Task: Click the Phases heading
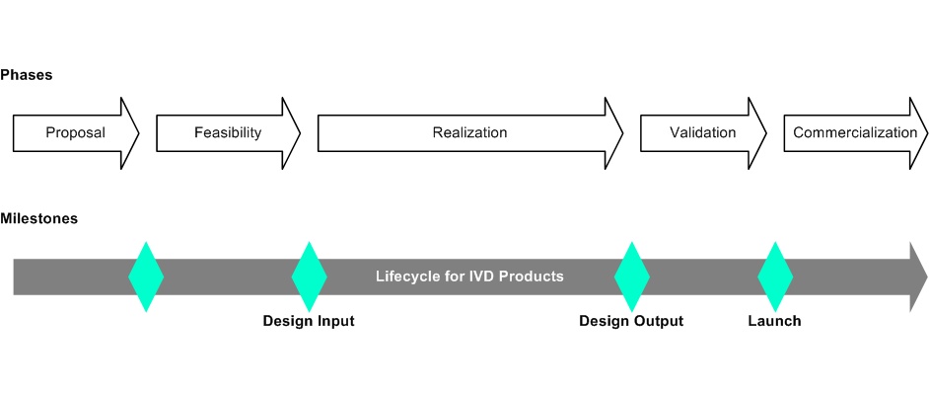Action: coord(26,75)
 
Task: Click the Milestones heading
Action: coord(38,218)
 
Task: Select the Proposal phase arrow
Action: coord(75,132)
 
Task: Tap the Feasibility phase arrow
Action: coord(228,132)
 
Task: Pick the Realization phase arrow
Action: coord(469,132)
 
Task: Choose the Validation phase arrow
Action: coord(702,132)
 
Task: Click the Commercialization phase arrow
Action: coord(854,132)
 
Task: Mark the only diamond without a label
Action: coord(146,276)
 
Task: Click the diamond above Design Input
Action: coord(309,276)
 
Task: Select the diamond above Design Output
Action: coord(631,276)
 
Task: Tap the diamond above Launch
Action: coord(775,276)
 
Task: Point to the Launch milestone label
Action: coord(774,321)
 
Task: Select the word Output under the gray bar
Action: coord(658,321)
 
